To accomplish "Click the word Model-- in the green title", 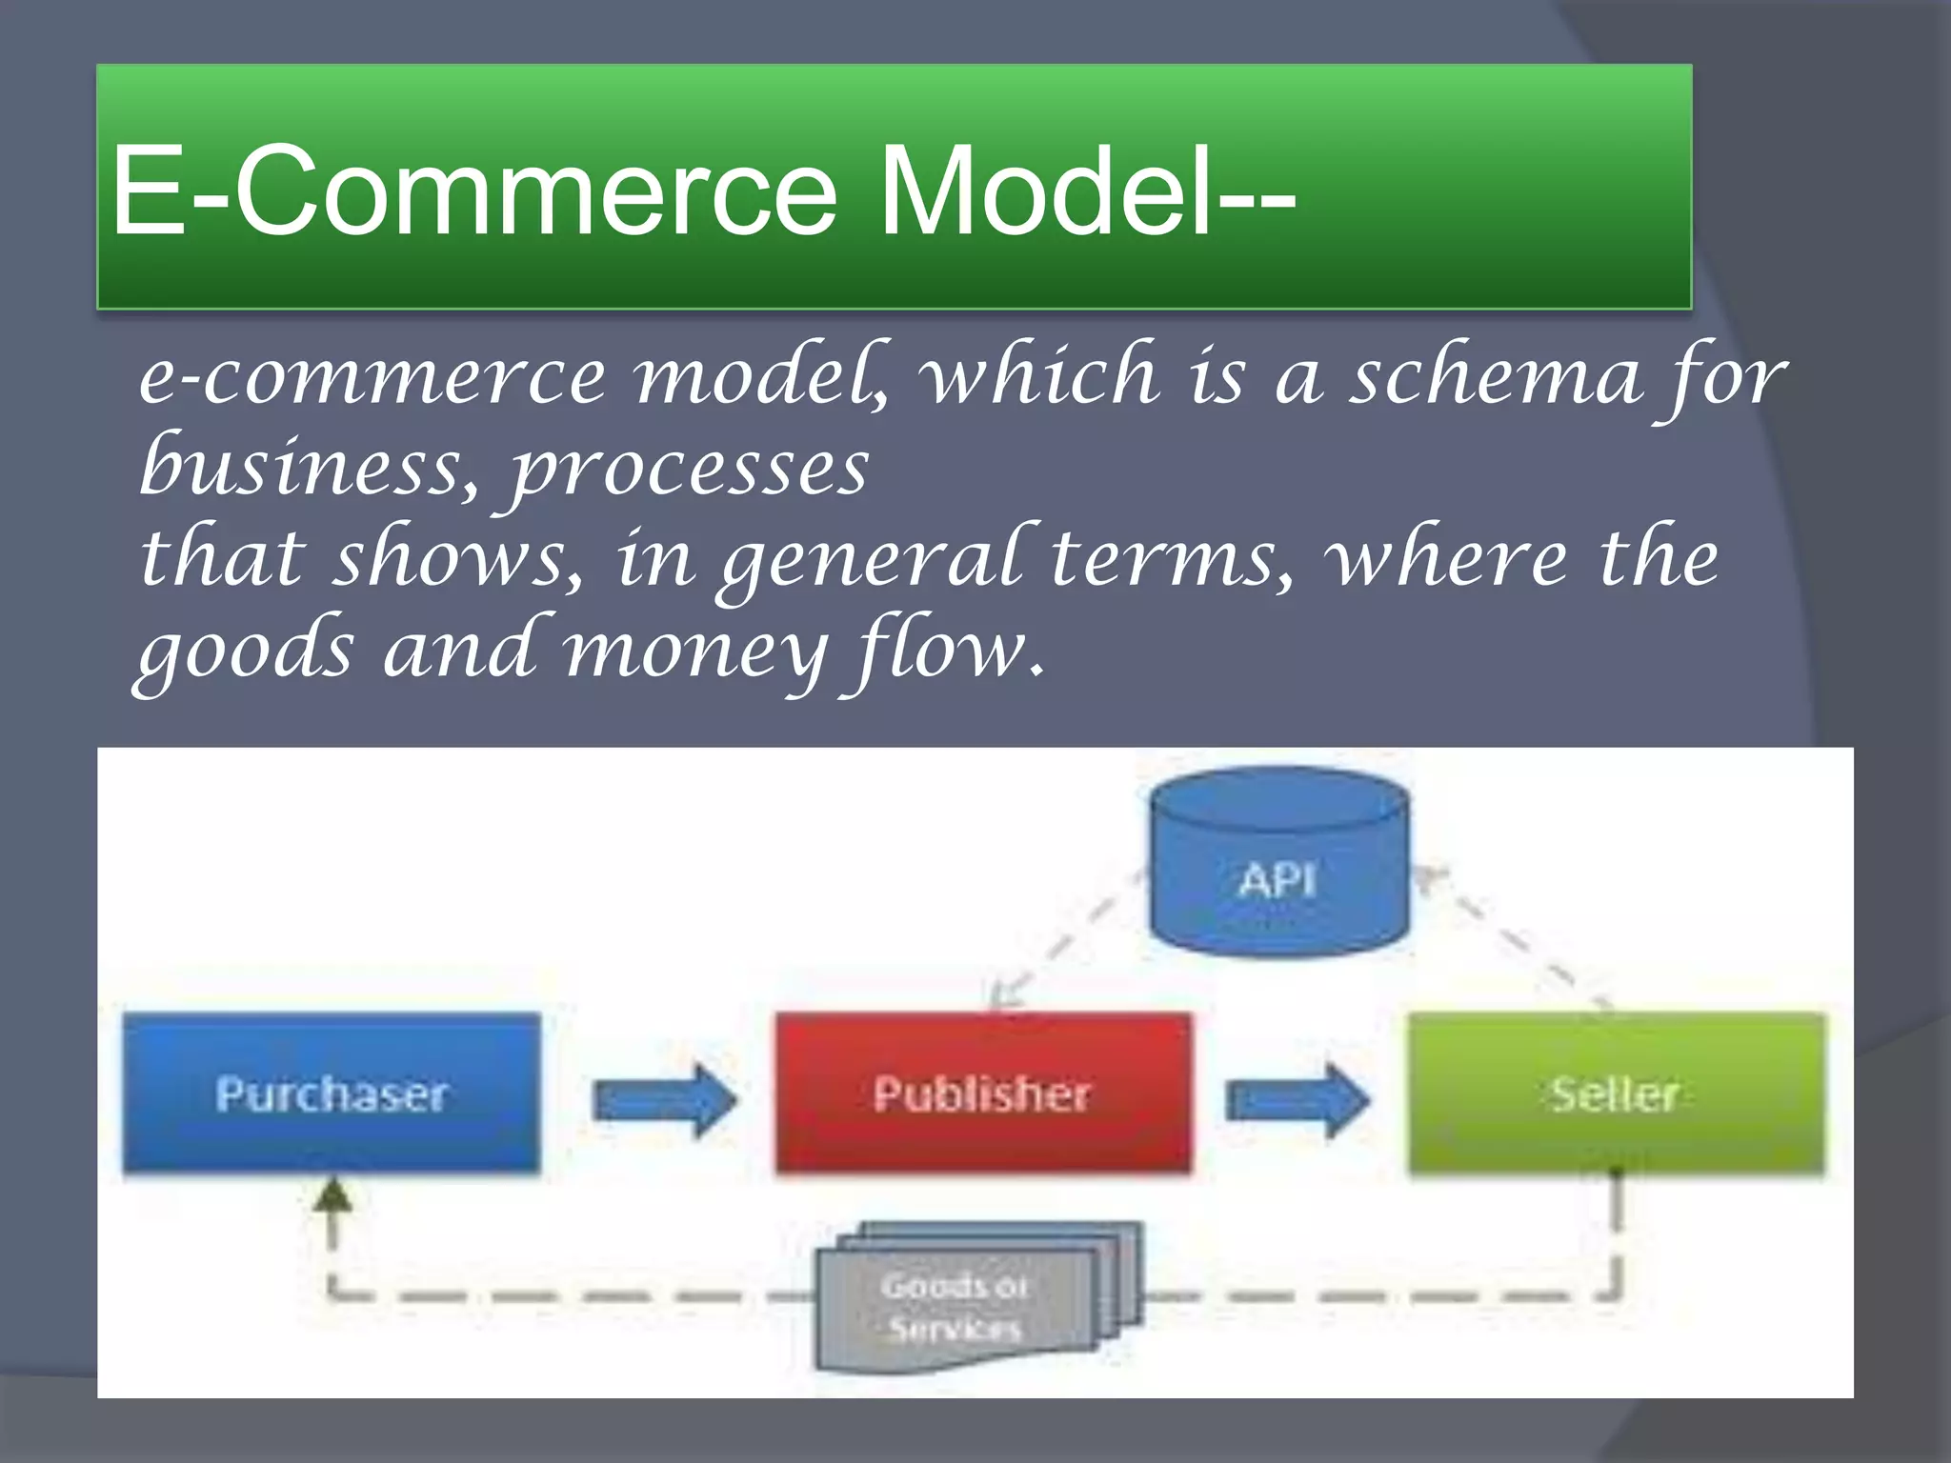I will (x=1086, y=190).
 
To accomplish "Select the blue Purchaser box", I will (x=332, y=1093).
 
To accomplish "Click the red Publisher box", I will (x=982, y=1093).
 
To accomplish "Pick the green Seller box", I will (x=1616, y=1093).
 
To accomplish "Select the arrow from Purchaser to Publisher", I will (x=664, y=1100).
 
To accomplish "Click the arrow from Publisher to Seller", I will (x=1297, y=1100).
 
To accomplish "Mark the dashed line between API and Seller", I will (x=1515, y=938).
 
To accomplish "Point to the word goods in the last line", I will (x=245, y=652).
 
